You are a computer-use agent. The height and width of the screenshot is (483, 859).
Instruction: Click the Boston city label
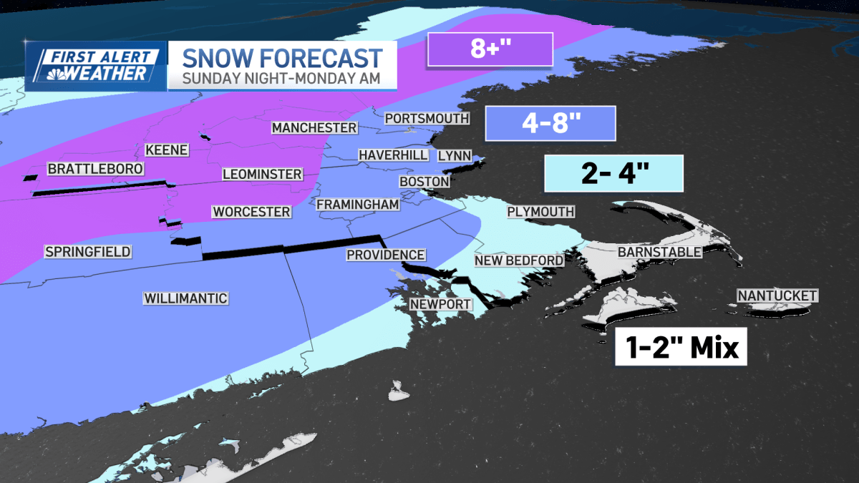(x=424, y=182)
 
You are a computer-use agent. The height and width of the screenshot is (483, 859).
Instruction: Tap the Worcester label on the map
(x=251, y=212)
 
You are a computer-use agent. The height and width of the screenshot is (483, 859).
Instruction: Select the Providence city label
(x=386, y=255)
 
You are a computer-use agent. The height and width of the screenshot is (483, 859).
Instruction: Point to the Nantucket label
(x=777, y=296)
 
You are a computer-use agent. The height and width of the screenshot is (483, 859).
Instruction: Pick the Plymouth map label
(x=540, y=211)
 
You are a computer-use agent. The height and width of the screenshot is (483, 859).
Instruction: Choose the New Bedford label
(x=519, y=260)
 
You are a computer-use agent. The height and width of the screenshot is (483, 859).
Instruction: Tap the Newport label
(x=440, y=304)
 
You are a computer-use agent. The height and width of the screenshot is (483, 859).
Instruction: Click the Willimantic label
(x=185, y=298)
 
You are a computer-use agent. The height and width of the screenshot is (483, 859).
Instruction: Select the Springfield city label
(x=87, y=251)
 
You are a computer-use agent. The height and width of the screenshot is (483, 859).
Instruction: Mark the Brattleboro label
(x=95, y=169)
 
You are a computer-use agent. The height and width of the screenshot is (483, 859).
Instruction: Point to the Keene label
(x=167, y=150)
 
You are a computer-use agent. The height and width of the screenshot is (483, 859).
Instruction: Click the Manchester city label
(x=314, y=127)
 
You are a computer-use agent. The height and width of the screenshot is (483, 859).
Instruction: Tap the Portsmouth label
(x=427, y=118)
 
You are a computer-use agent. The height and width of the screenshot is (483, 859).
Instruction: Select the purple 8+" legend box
(x=490, y=50)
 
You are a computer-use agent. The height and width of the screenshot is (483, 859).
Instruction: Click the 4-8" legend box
(x=550, y=123)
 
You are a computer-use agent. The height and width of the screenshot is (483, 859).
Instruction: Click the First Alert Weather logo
(x=95, y=66)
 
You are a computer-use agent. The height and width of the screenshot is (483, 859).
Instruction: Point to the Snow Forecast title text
(x=281, y=57)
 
